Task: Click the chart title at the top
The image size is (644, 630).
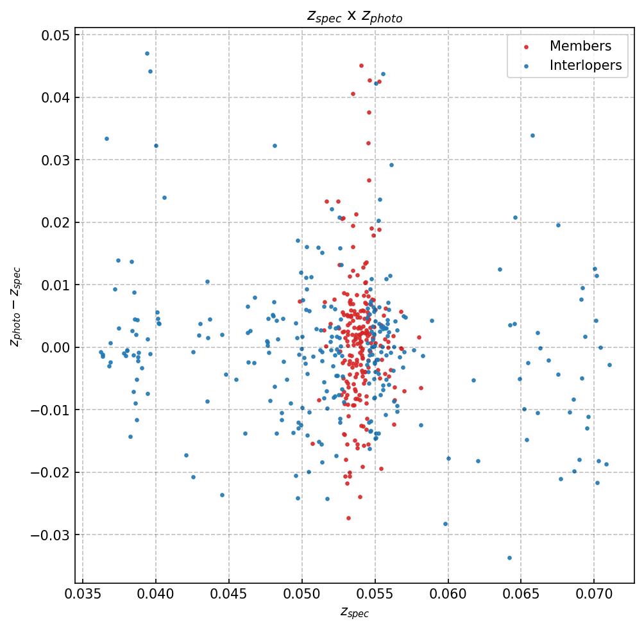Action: [x=354, y=17]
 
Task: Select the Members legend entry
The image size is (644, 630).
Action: [x=580, y=46]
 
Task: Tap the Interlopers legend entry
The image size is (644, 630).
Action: [x=585, y=65]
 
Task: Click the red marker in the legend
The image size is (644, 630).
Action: [x=527, y=47]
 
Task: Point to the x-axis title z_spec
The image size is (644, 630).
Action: [x=354, y=613]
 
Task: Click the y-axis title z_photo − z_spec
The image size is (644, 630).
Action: [x=15, y=307]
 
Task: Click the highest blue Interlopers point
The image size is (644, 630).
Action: [x=147, y=53]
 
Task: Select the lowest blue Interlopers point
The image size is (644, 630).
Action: [x=509, y=558]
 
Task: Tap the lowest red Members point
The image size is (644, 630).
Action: [x=348, y=518]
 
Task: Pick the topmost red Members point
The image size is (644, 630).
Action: [x=361, y=65]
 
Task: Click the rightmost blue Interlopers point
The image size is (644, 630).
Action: [x=609, y=365]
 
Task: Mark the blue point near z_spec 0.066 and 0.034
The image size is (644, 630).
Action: [x=532, y=135]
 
